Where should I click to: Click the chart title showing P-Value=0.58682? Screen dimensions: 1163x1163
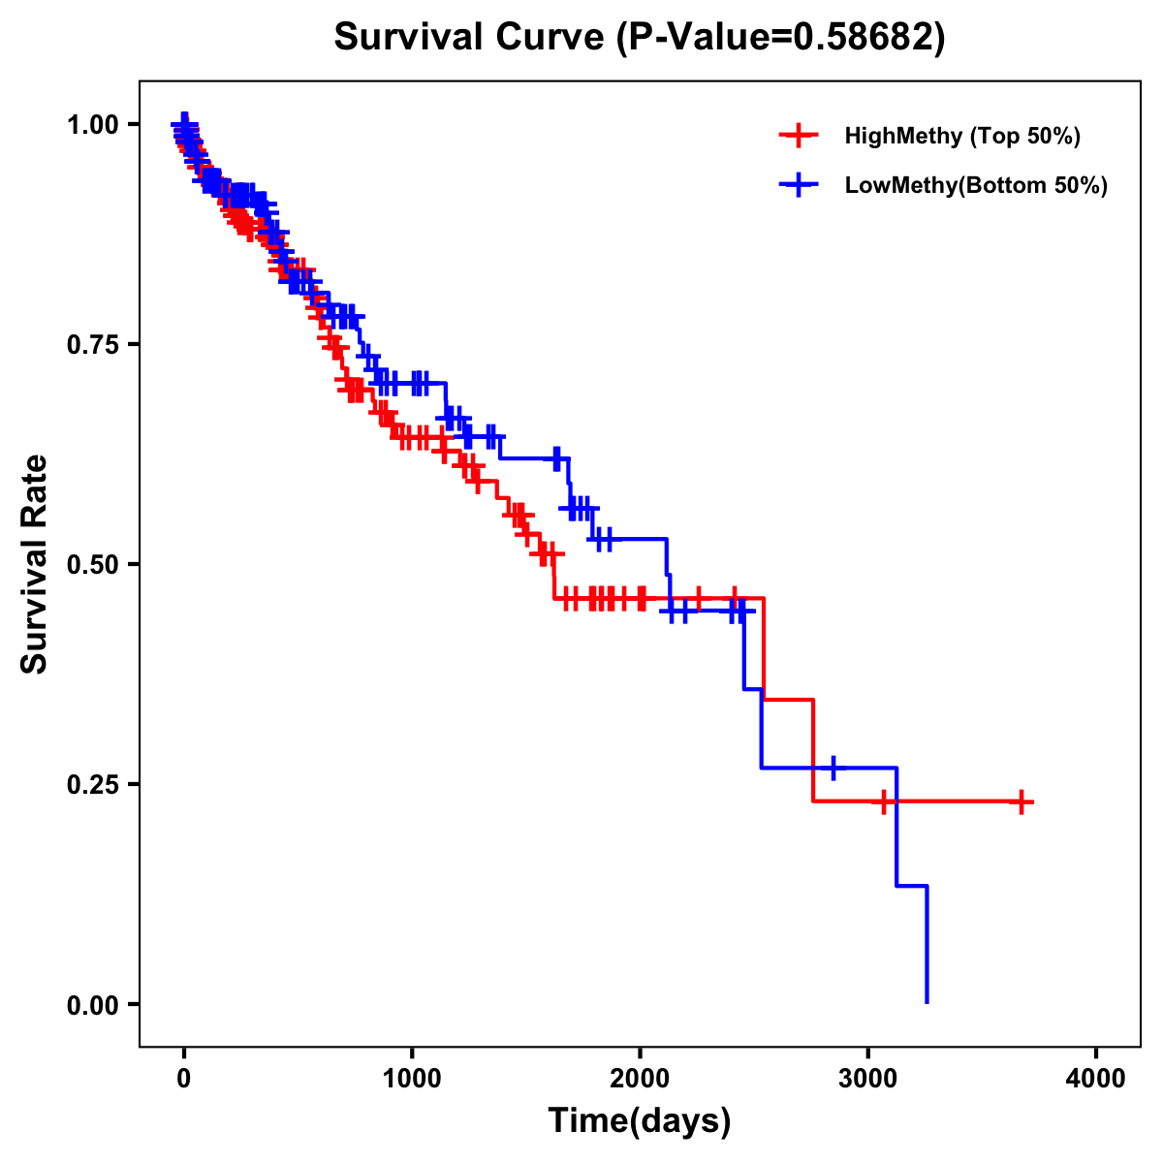(x=639, y=38)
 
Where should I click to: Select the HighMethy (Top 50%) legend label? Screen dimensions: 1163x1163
(x=961, y=136)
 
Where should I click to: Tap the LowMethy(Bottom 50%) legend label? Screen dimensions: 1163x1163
(x=976, y=185)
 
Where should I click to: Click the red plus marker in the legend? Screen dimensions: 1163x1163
(x=798, y=136)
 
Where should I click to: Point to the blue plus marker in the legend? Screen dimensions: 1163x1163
(x=798, y=185)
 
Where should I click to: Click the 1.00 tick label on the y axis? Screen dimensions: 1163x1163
(x=92, y=124)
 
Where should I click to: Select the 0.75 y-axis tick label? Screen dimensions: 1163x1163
(x=92, y=344)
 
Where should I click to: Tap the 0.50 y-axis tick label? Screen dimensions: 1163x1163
(x=92, y=564)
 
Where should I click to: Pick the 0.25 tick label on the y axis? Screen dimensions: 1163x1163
(x=92, y=784)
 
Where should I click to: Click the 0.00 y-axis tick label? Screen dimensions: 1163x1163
(x=92, y=1004)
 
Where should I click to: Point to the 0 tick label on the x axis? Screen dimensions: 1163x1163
(x=184, y=1080)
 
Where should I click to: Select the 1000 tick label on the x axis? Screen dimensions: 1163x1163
(x=412, y=1080)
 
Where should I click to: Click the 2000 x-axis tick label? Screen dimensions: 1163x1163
(x=640, y=1080)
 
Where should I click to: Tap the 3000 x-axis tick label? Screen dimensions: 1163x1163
(x=868, y=1080)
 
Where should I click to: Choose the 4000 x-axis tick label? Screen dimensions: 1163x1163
(x=1096, y=1080)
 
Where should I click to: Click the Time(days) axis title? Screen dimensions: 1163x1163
(x=640, y=1121)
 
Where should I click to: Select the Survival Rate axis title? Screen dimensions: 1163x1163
(x=36, y=564)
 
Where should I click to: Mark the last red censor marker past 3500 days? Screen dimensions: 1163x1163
(x=1022, y=802)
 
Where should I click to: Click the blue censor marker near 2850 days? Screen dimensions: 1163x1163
(x=833, y=768)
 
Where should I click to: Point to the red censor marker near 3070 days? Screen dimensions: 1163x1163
(x=883, y=802)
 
